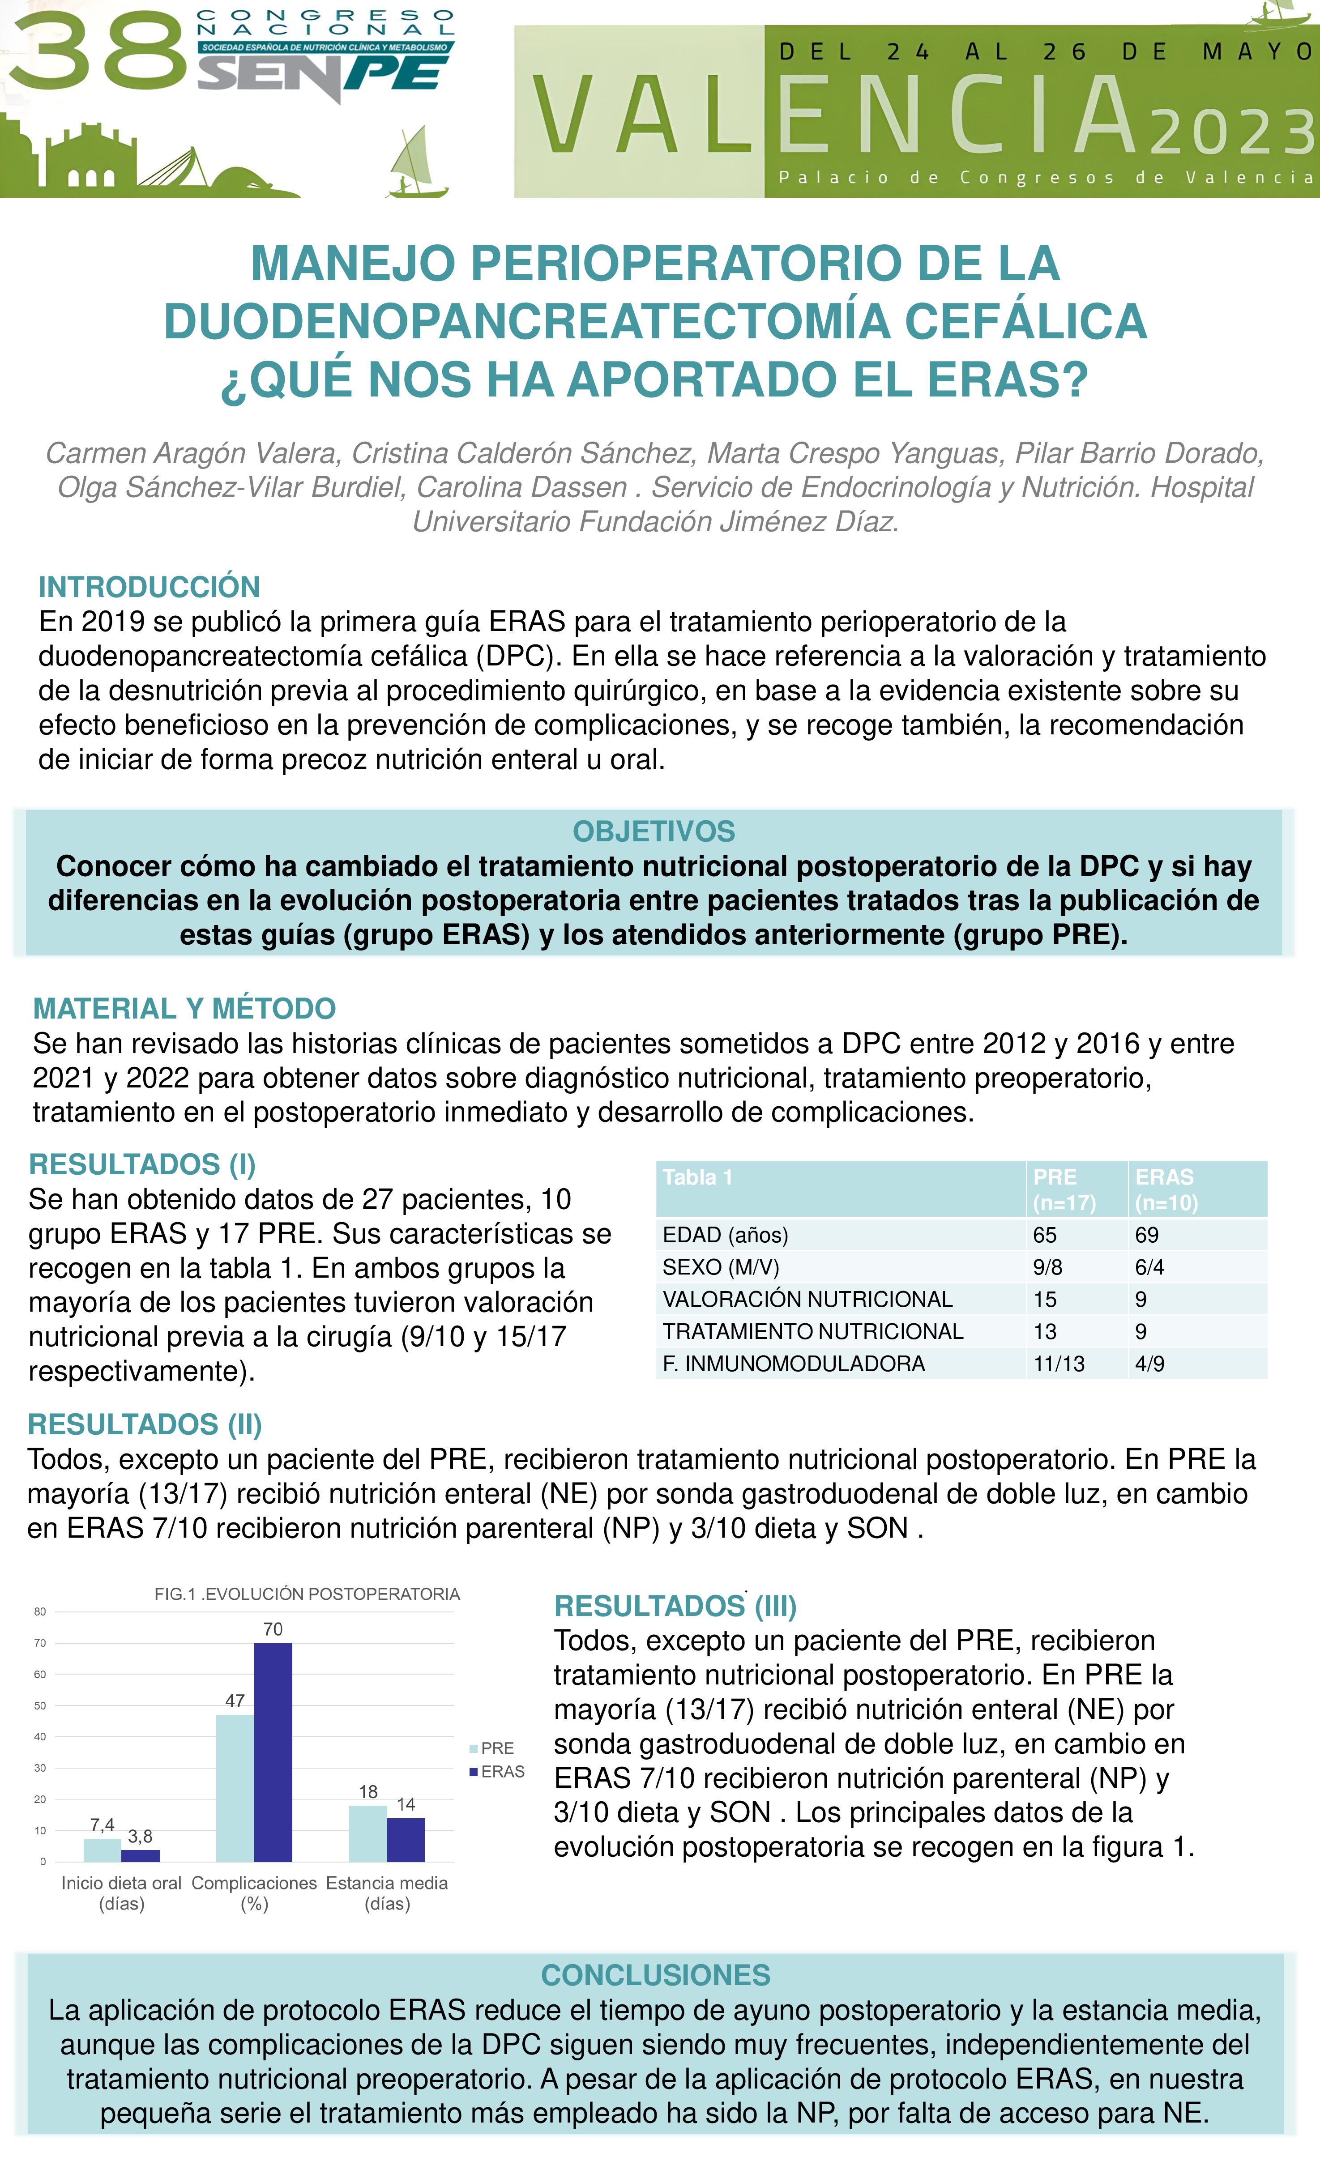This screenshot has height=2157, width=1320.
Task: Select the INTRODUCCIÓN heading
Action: click(149, 587)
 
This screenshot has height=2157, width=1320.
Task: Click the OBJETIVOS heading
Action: click(654, 831)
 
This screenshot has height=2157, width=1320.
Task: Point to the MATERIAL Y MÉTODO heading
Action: click(184, 1009)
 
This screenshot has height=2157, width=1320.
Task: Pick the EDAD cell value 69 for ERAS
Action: click(1147, 1235)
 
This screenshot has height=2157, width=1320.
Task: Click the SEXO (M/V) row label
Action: click(720, 1267)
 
